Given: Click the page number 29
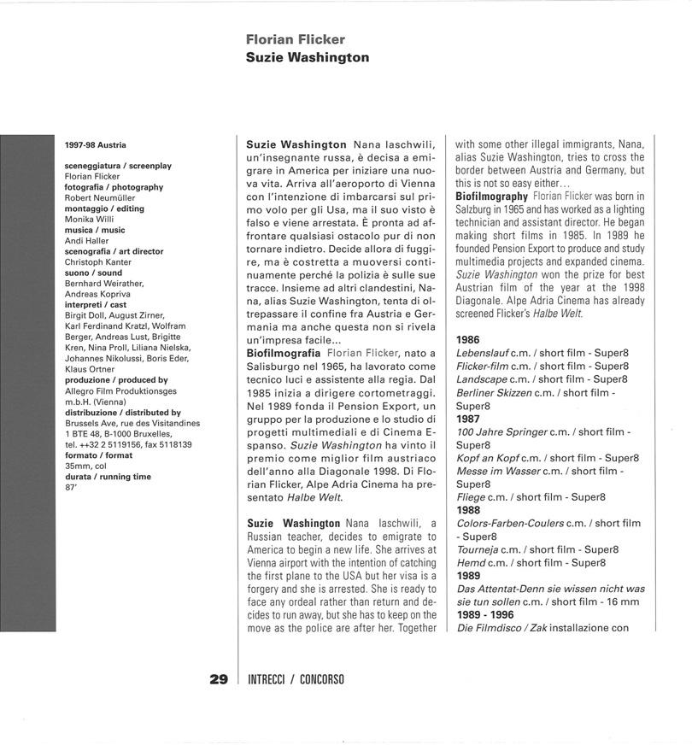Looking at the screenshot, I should [219, 680].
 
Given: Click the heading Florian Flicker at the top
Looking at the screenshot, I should [295, 39].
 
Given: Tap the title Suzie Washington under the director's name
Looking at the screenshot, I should [307, 57].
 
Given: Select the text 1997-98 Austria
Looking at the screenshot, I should [95, 144].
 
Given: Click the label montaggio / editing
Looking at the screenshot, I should [104, 208].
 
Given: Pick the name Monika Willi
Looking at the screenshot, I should [89, 220].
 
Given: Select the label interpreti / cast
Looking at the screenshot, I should [96, 305].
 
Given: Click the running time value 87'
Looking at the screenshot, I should [71, 487].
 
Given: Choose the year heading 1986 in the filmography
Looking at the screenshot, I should [468, 339].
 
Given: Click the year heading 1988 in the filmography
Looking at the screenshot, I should [468, 510].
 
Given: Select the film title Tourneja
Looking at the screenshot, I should [482, 549].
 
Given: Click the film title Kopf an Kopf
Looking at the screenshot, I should [488, 458].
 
